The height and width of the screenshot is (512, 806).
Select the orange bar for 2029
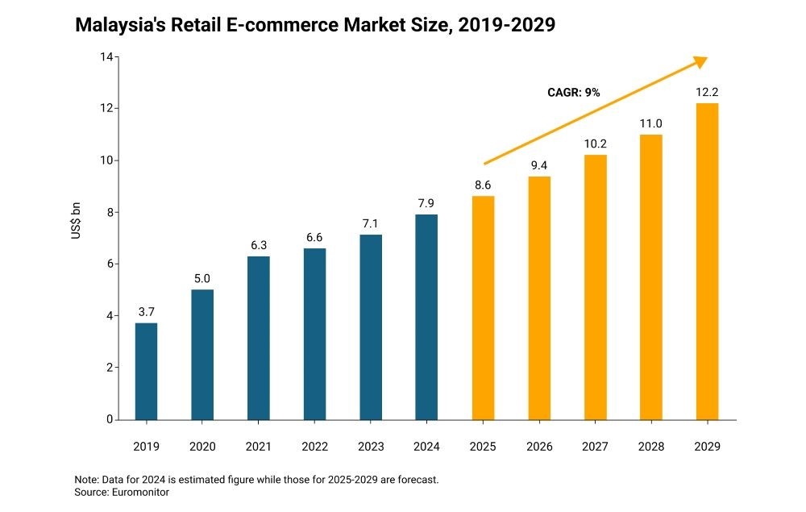[707, 261]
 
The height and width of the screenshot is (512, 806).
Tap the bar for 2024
[426, 317]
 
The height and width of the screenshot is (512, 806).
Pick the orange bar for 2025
[483, 307]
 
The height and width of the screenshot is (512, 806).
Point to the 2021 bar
[258, 338]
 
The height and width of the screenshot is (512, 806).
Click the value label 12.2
[707, 93]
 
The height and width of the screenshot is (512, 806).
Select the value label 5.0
[202, 279]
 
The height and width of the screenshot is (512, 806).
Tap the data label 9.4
[538, 166]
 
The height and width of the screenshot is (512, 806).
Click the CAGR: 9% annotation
[574, 93]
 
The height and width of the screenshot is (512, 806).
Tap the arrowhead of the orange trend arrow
[701, 61]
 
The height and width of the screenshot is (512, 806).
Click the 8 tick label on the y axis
[109, 212]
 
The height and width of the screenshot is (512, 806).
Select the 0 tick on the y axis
[109, 419]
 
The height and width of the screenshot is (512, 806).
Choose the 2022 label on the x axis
[314, 446]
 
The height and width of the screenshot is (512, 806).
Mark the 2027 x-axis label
[595, 446]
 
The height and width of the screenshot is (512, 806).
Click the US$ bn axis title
[77, 226]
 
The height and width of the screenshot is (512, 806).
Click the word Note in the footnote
[85, 479]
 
